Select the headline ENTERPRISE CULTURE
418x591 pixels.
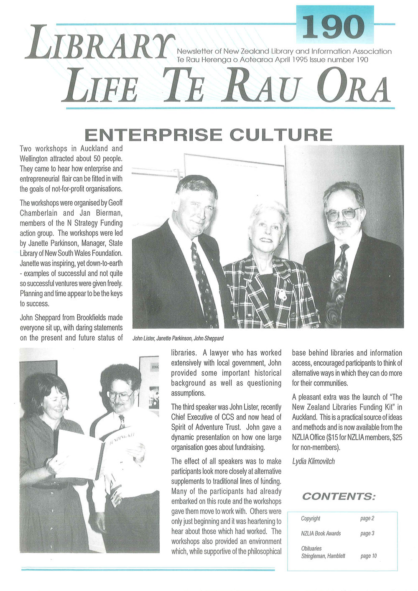coord(208,135)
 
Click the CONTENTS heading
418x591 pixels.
coord(339,497)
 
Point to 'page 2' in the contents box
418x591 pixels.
coord(367,519)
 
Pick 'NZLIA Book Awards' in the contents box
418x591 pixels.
coord(321,533)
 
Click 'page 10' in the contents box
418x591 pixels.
coord(368,556)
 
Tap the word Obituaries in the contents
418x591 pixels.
coord(311,548)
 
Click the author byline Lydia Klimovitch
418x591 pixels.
coord(313,461)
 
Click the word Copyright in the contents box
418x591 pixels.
coord(311,519)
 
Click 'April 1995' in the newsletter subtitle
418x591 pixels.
coord(291,60)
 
